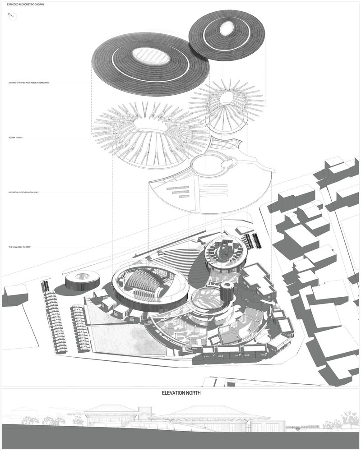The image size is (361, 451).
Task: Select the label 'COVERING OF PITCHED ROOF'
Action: [x=32, y=83]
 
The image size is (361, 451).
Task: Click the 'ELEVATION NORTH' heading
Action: [x=181, y=393]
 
